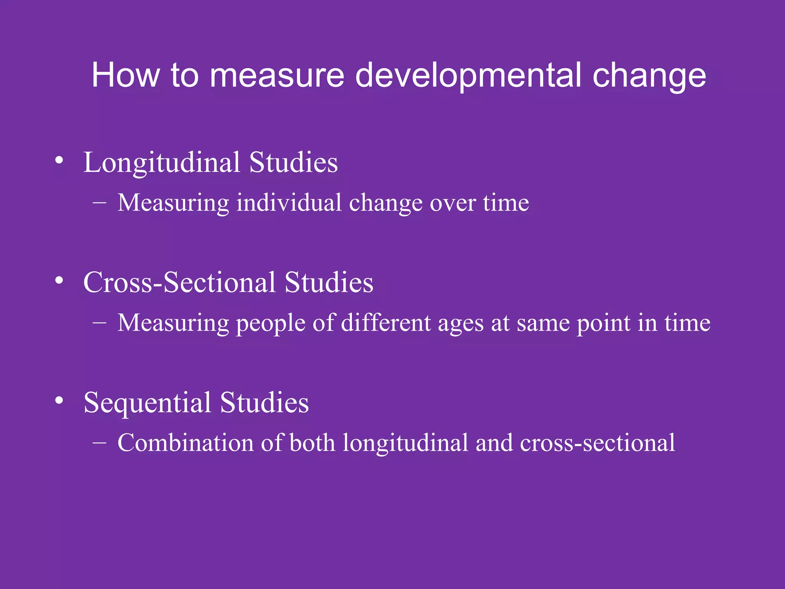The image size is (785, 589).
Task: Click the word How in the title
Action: coord(125,75)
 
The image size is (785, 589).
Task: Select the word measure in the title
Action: coord(277,76)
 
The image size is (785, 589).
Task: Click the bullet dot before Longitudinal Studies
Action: coord(59,160)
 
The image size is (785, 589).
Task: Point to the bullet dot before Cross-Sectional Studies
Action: coord(59,280)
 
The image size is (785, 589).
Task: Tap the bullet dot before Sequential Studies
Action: coord(59,400)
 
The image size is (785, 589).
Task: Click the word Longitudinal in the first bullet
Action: coord(161,163)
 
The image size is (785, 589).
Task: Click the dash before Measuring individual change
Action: coord(99,203)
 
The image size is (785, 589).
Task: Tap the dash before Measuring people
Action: coord(99,323)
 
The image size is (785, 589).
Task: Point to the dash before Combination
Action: coord(99,443)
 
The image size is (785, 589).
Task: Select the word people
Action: coord(270,324)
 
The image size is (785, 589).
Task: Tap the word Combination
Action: coord(186,443)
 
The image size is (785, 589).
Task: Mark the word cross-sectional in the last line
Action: coord(597,443)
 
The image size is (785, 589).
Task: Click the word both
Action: coord(312,443)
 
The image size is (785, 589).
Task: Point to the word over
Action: coord(452,203)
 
